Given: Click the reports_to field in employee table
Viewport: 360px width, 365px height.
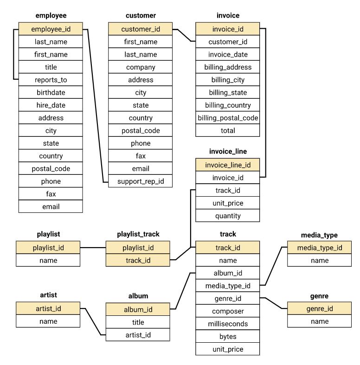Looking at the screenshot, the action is click(51, 80).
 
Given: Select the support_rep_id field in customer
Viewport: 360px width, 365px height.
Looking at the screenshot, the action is click(141, 181).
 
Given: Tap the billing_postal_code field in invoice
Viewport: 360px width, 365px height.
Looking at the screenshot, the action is click(228, 118).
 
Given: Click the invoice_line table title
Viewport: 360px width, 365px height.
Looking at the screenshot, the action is click(228, 151).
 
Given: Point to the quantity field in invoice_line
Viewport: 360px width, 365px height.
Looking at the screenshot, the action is click(228, 216).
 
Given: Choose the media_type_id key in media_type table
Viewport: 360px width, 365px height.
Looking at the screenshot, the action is click(320, 248).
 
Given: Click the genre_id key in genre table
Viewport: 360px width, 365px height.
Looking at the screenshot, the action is click(320, 308).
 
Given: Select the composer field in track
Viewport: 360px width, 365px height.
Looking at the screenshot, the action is click(228, 311).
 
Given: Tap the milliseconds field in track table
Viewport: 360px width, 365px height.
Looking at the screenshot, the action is click(228, 324).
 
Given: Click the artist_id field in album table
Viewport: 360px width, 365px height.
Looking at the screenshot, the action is click(138, 335).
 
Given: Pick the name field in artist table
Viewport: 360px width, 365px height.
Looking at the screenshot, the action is click(48, 321).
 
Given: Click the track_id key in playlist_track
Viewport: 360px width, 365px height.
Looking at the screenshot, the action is click(138, 260).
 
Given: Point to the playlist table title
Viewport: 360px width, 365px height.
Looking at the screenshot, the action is click(48, 234).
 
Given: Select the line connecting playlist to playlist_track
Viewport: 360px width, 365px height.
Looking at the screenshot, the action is click(93, 248).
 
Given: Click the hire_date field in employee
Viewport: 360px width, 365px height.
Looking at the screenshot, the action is click(51, 105).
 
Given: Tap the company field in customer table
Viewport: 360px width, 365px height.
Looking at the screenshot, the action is click(141, 67).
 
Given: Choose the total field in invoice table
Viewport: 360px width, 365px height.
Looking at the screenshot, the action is click(228, 130).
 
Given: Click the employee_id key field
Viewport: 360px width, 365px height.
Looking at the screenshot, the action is click(51, 29).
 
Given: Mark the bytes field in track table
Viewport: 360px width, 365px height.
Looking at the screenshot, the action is click(228, 336).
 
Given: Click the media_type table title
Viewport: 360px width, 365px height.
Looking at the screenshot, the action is click(319, 235).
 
